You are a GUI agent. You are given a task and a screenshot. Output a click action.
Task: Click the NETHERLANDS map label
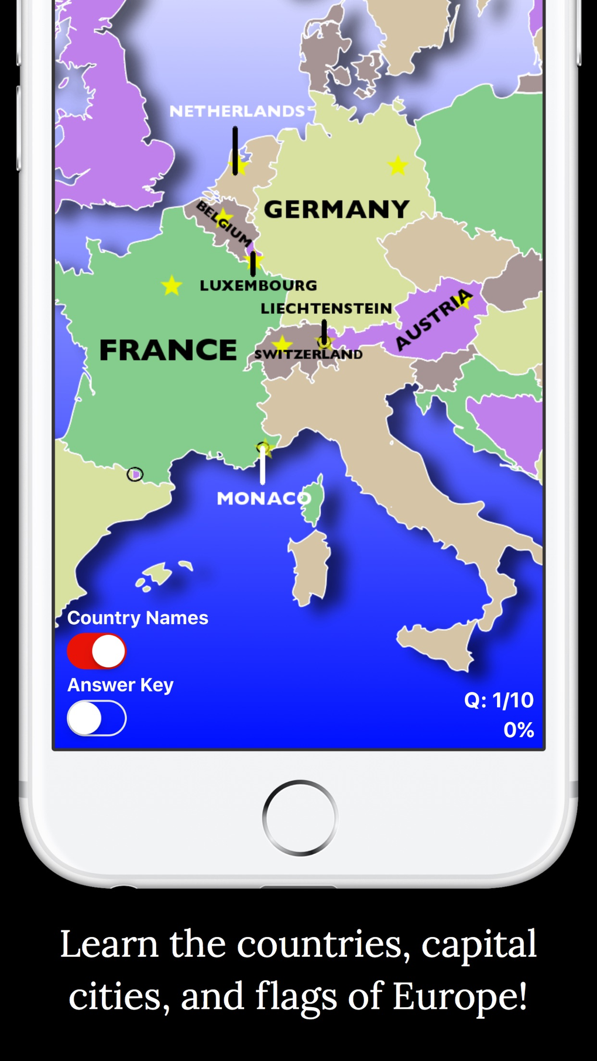[x=237, y=111]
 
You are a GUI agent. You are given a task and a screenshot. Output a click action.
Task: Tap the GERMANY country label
[x=337, y=210]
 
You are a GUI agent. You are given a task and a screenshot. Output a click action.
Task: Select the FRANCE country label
[x=168, y=350]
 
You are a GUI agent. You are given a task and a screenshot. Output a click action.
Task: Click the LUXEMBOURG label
[x=258, y=286]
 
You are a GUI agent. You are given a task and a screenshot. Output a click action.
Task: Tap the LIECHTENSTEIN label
[x=326, y=308]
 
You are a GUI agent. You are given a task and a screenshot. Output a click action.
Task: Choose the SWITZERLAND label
[x=308, y=354]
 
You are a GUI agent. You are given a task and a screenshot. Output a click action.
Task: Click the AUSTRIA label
[x=434, y=320]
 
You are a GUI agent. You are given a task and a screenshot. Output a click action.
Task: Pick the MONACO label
[x=263, y=499]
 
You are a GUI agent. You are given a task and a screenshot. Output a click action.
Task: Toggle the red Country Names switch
[x=97, y=651]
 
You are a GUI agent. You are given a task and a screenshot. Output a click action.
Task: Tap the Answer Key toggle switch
[x=97, y=718]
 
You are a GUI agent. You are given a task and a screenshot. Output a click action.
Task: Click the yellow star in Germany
[x=398, y=166]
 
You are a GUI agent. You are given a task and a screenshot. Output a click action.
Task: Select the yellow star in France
[x=171, y=286]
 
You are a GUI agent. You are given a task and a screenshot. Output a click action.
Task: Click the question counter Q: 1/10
[x=499, y=700]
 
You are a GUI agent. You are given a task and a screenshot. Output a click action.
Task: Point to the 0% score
[x=519, y=730]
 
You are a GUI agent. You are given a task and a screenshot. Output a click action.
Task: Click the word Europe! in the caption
[x=459, y=996]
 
